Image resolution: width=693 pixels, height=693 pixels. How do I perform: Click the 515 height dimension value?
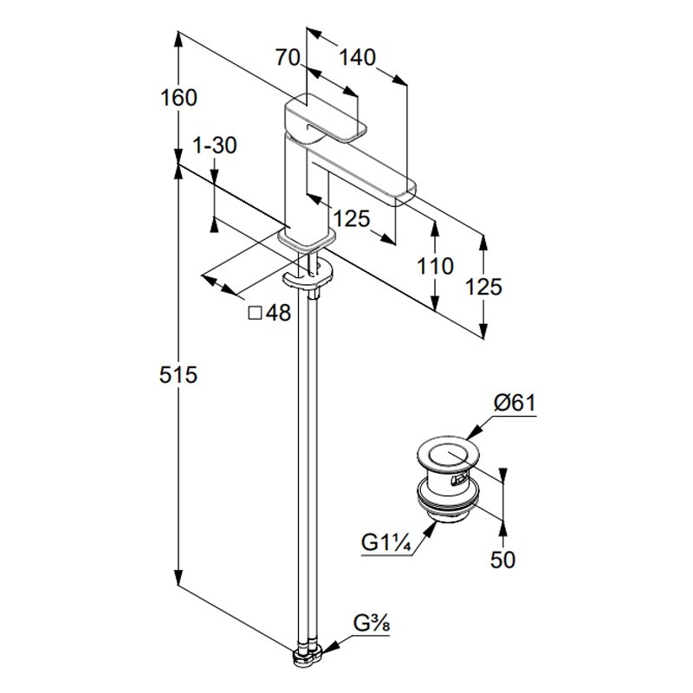pyautogui.click(x=179, y=375)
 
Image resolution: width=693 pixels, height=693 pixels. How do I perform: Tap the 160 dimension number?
pyautogui.click(x=179, y=98)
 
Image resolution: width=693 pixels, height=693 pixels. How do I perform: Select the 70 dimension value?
pyautogui.click(x=288, y=58)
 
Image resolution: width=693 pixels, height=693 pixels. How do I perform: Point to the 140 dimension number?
pyautogui.click(x=357, y=58)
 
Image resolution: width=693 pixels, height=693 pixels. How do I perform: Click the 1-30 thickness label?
pyautogui.click(x=214, y=146)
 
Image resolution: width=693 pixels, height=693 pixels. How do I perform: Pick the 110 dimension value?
pyautogui.click(x=435, y=266)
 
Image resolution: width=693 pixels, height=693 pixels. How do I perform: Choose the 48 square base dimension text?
pyautogui.click(x=279, y=314)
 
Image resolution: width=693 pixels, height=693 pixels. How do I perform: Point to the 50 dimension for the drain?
pyautogui.click(x=502, y=560)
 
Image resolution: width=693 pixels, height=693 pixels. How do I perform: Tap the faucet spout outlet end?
pyautogui.click(x=404, y=192)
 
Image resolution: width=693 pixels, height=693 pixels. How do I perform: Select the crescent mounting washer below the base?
pyautogui.click(x=308, y=276)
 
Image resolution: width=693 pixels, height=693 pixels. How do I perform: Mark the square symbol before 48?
pyautogui.click(x=255, y=314)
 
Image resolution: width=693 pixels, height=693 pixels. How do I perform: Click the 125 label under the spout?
pyautogui.click(x=351, y=218)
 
